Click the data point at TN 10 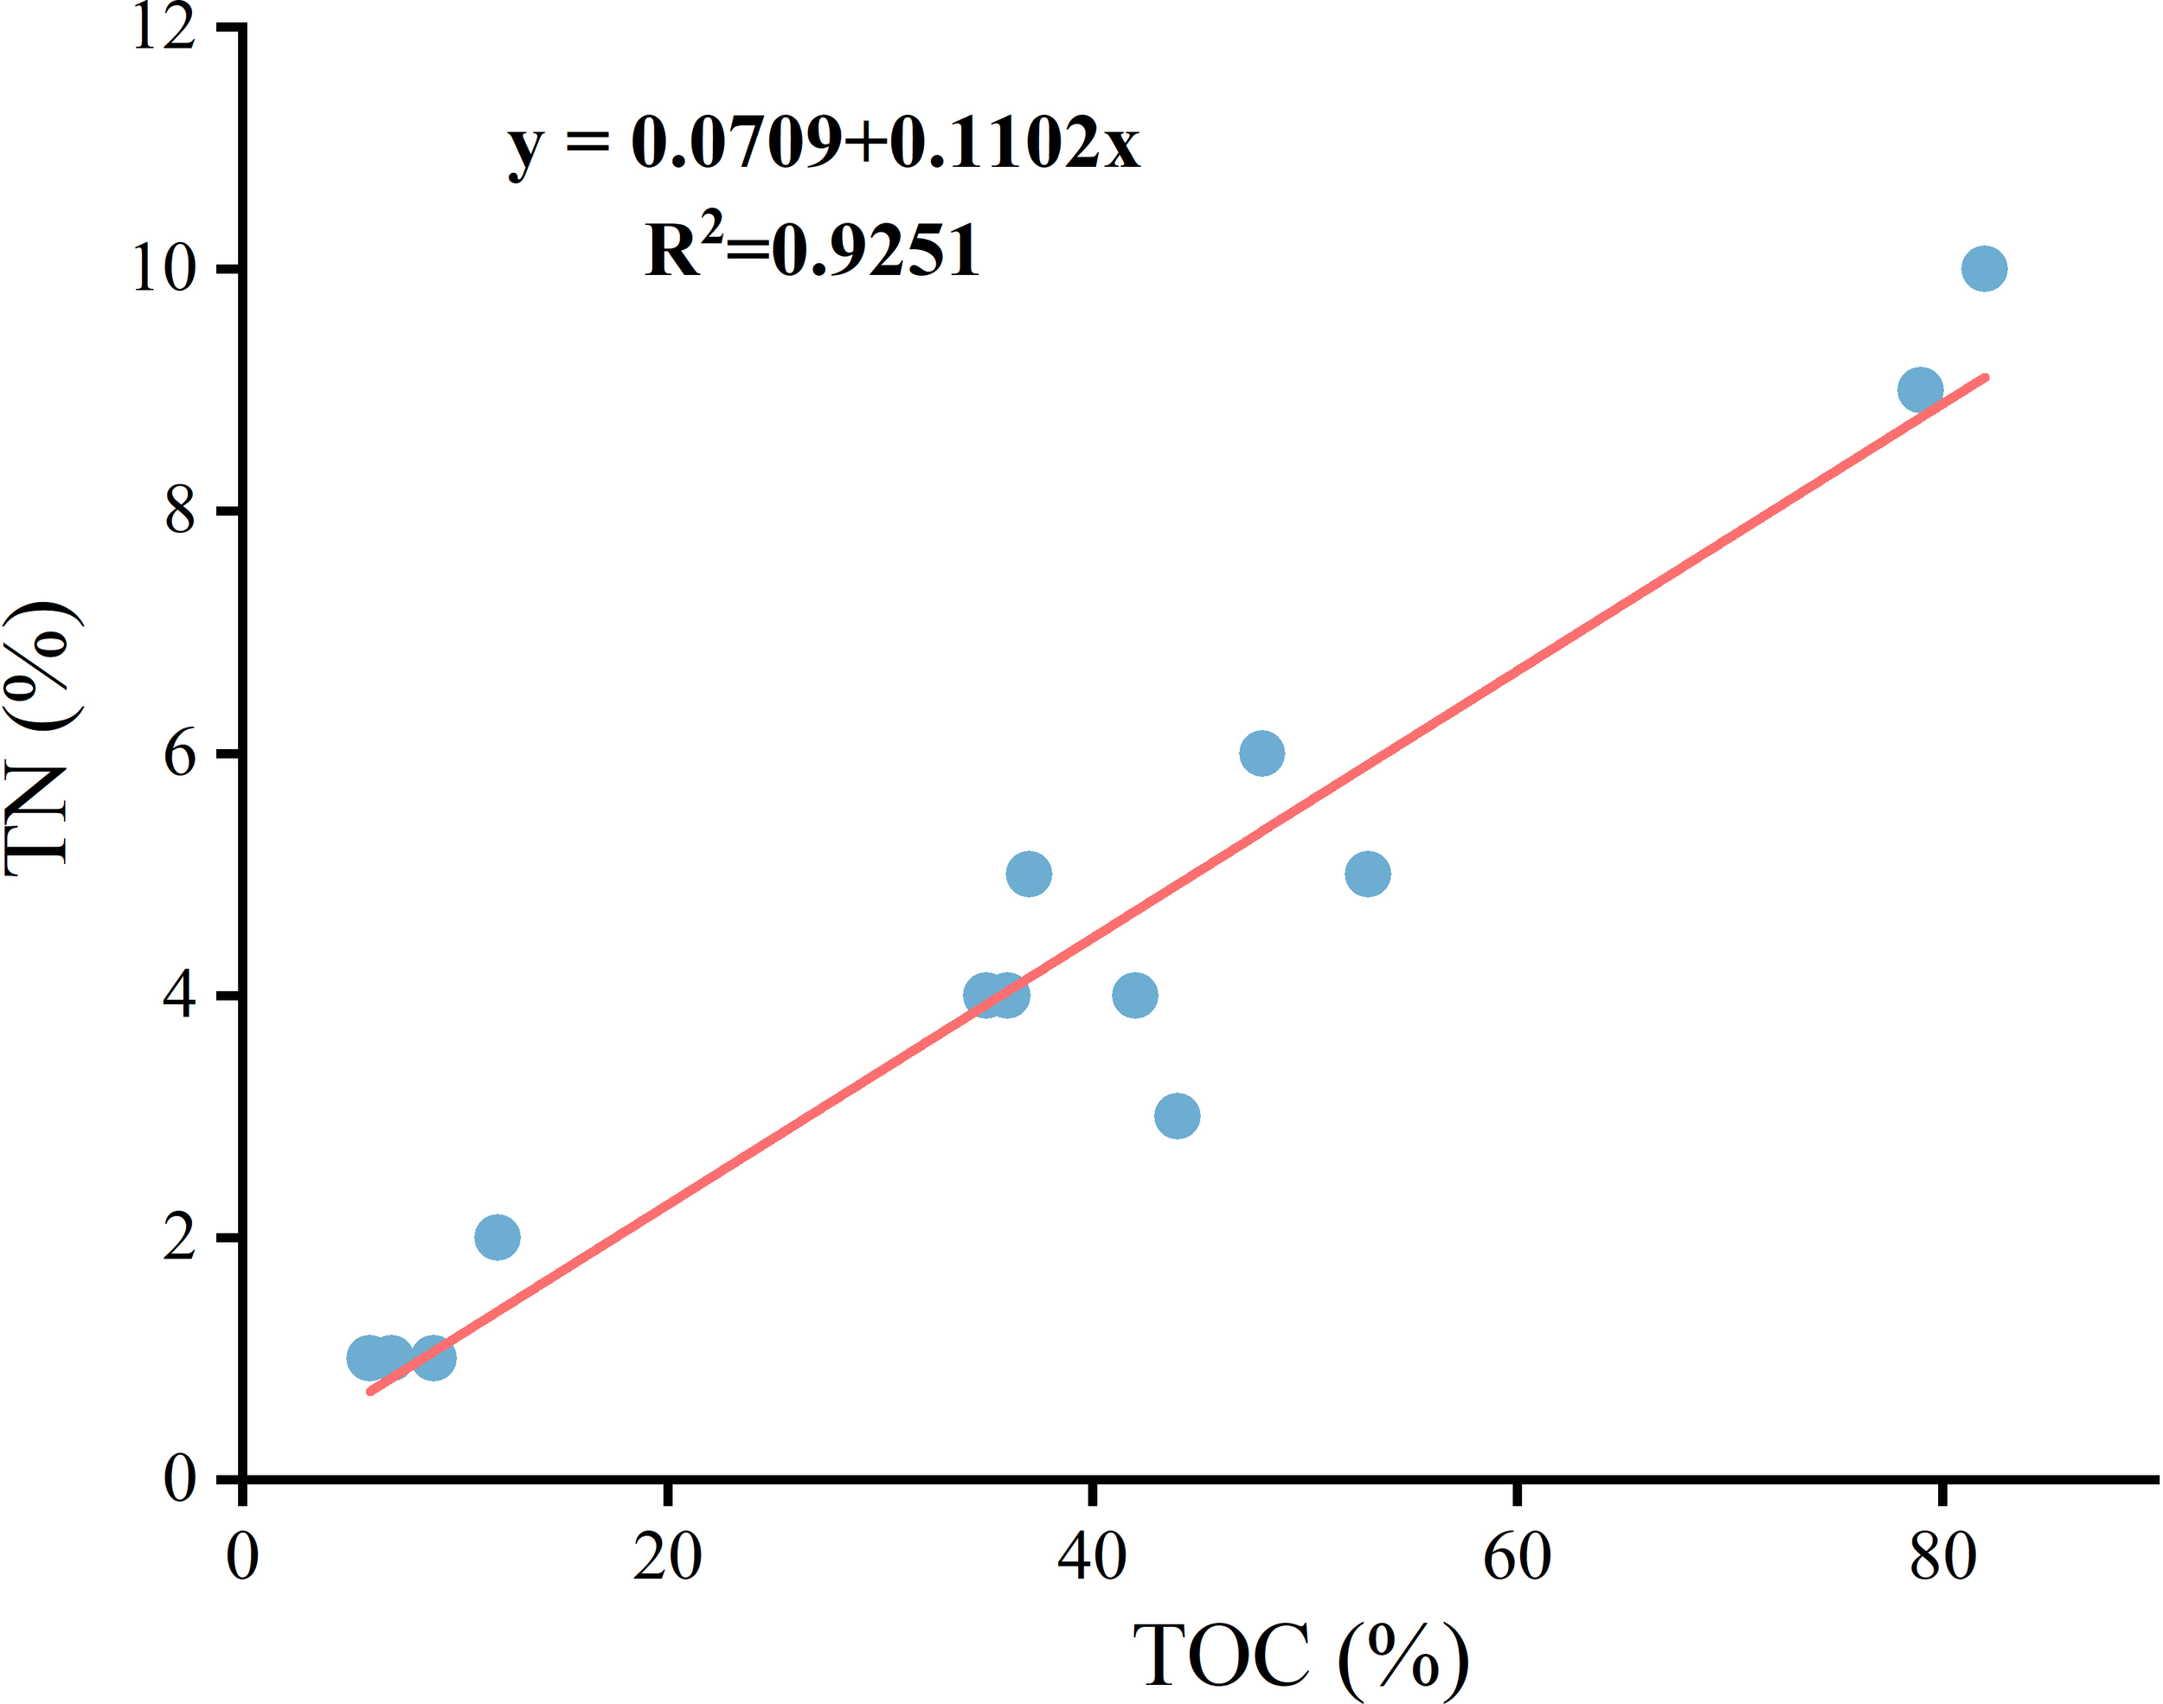coord(1983,268)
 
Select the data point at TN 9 coord(1920,389)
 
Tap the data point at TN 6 coord(1261,753)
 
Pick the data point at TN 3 coord(1177,1115)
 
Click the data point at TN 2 coord(497,1237)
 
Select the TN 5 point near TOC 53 coord(1367,874)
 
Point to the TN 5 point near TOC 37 coord(1028,874)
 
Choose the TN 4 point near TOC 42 coord(1134,995)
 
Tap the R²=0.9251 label coord(812,248)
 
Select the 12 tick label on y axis coord(163,27)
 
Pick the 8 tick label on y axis coord(180,511)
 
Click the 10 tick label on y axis coord(163,269)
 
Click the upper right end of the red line coord(1985,378)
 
